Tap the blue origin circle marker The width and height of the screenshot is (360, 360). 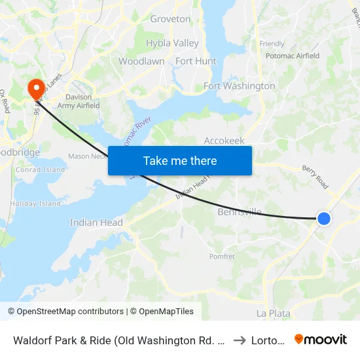click(x=323, y=219)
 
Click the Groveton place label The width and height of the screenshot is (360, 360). click(x=170, y=19)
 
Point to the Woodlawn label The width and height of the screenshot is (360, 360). click(x=141, y=61)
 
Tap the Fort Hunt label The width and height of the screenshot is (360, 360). click(x=196, y=61)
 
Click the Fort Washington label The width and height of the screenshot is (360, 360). click(x=240, y=86)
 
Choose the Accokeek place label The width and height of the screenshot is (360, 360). click(x=224, y=140)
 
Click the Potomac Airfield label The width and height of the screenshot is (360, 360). click(x=293, y=56)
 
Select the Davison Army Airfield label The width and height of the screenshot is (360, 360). click(x=83, y=101)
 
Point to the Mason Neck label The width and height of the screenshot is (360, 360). click(x=88, y=156)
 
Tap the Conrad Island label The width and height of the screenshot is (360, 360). click(x=41, y=170)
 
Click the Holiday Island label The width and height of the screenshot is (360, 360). click(x=37, y=204)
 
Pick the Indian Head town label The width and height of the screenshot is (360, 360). click(x=96, y=223)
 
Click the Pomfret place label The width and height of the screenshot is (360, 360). click(x=222, y=257)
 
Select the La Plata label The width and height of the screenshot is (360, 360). click(x=274, y=314)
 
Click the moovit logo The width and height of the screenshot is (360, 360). click(x=321, y=339)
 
